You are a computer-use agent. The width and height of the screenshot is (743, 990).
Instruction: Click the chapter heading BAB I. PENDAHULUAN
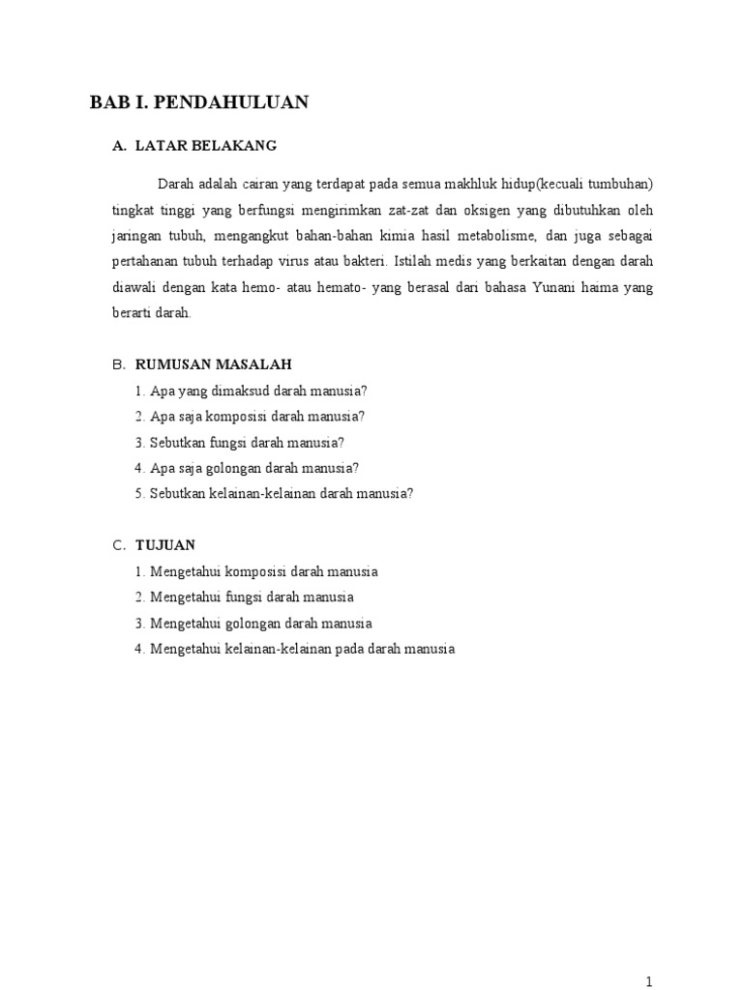coord(199,102)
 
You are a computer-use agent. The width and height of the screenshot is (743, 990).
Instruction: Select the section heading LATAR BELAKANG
coord(206,146)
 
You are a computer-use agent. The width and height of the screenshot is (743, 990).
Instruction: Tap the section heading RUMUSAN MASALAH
coord(213,364)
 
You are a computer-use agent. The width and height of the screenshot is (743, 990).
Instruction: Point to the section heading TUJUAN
coord(165,545)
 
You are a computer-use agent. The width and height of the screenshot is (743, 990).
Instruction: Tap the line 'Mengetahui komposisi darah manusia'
coord(256,571)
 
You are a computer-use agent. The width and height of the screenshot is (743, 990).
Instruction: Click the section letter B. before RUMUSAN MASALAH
coord(119,364)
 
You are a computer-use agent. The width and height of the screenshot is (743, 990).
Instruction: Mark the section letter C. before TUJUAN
coord(119,545)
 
